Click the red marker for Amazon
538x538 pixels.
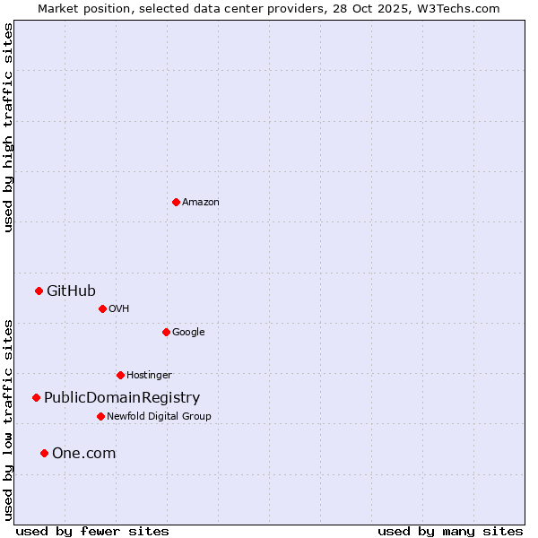176,202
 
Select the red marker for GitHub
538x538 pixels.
39,291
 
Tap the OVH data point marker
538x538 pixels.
102,308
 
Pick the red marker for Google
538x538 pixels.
166,332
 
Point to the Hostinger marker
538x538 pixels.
120,375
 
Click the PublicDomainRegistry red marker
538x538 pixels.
36,397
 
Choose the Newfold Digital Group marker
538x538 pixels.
100,416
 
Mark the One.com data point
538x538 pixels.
44,453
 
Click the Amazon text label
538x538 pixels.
201,202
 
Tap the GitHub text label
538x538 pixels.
71,291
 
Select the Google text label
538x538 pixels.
188,332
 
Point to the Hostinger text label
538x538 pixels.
149,375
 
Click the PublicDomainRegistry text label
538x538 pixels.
122,398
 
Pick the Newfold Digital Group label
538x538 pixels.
159,416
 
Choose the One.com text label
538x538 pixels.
83,454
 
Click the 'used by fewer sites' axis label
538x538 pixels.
92,532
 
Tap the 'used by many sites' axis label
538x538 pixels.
450,532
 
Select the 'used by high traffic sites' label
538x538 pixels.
8,127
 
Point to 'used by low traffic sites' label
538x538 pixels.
8,419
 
